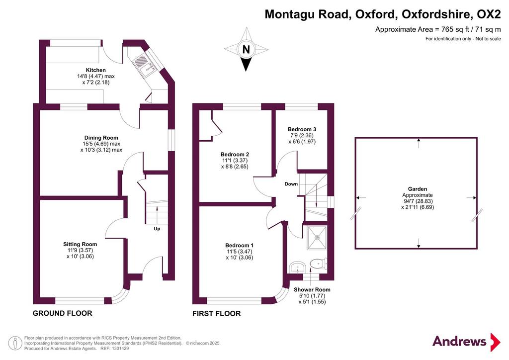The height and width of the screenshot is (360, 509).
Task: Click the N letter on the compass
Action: (246, 50)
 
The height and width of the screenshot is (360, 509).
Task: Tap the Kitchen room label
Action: (96, 70)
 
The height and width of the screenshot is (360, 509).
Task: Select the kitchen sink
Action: (145, 65)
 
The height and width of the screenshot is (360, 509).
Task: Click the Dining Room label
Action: (101, 138)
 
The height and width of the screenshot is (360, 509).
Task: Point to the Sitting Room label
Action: (80, 245)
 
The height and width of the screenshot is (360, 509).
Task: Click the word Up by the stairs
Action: (157, 229)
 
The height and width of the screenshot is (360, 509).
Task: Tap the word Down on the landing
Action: (291, 184)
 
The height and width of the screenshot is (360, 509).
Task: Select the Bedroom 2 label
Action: (235, 155)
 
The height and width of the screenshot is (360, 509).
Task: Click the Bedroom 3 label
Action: (302, 129)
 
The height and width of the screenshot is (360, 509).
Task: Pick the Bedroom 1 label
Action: (240, 246)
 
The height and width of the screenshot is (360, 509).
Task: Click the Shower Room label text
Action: (312, 290)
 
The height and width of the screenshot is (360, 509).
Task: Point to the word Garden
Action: (418, 189)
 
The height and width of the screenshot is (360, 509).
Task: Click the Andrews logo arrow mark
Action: (496, 342)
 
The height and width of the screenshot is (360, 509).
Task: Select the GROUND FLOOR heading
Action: (63, 313)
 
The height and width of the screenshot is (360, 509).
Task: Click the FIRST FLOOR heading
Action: (217, 314)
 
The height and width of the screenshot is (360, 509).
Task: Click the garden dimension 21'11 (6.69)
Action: (418, 207)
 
